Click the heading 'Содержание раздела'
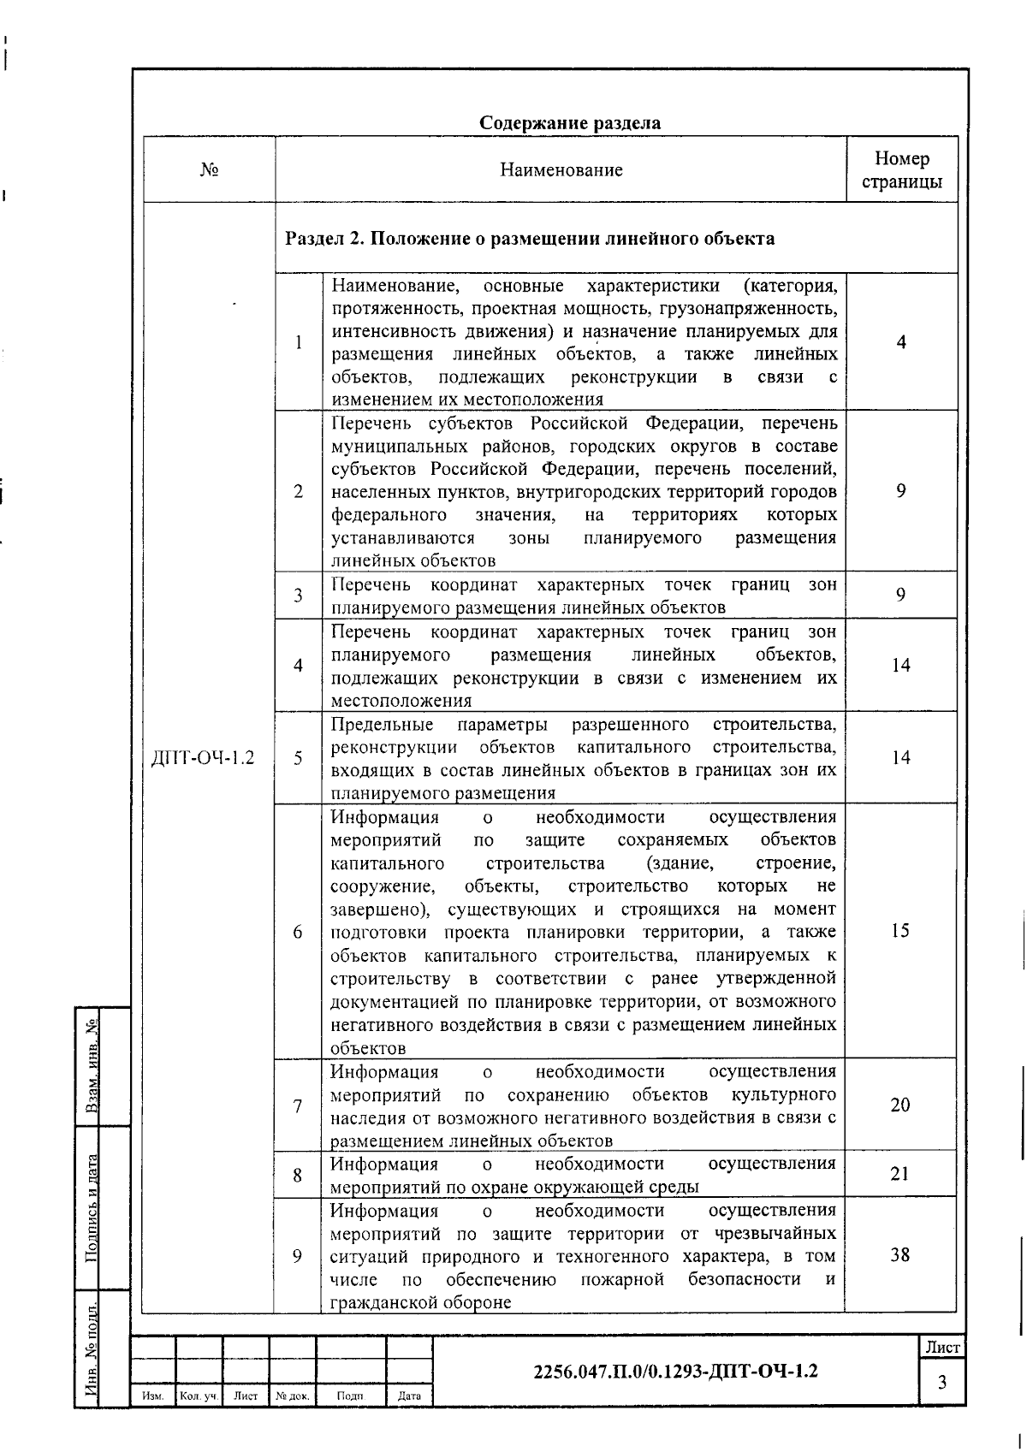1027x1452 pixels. [569, 123]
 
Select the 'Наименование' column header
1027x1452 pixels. [561, 169]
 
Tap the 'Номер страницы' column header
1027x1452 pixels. [901, 169]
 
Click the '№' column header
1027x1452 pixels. [209, 169]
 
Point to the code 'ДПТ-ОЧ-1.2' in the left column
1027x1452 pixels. [203, 758]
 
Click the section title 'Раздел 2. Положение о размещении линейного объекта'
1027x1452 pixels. [529, 238]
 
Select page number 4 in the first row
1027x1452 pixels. [901, 342]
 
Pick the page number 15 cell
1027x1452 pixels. [900, 931]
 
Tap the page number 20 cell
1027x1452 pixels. [900, 1105]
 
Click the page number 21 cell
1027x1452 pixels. [899, 1174]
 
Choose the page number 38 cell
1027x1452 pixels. [899, 1255]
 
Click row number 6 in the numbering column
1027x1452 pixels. [298, 932]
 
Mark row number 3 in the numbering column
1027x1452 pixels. [298, 596]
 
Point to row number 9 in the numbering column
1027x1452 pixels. [297, 1256]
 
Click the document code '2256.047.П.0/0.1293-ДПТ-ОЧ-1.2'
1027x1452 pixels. [675, 1371]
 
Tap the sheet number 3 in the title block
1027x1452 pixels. [942, 1383]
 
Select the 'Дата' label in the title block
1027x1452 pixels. [410, 1396]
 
